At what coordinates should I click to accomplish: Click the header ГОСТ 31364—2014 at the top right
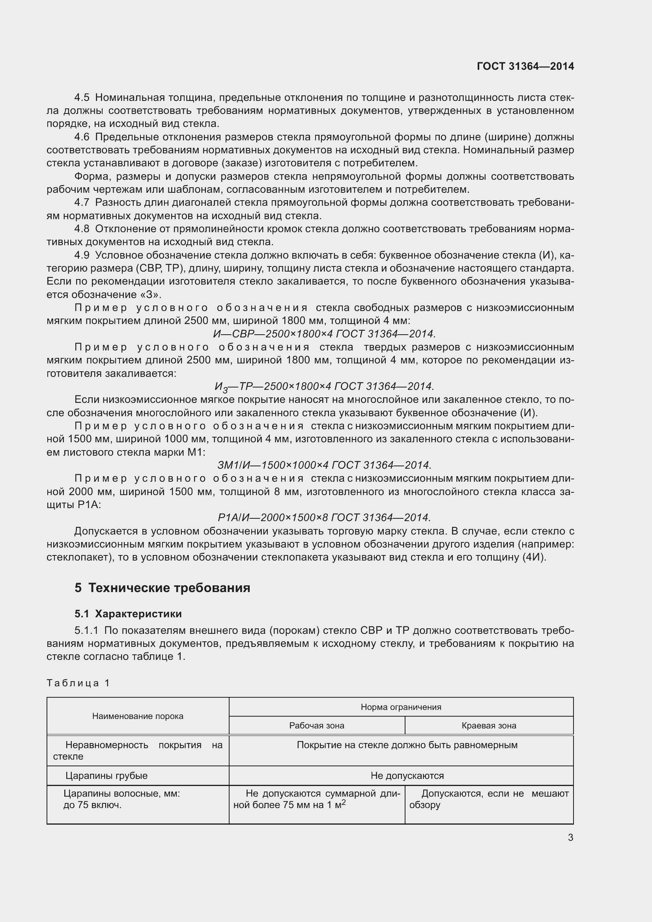(525, 66)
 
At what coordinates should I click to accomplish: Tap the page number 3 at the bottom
(570, 837)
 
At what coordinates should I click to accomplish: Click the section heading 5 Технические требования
(162, 588)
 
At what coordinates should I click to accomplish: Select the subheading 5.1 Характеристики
(128, 614)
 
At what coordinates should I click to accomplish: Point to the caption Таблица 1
(78, 683)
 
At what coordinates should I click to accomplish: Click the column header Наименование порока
(138, 716)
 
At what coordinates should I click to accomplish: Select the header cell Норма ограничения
(400, 707)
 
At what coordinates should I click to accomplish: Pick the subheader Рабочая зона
(317, 726)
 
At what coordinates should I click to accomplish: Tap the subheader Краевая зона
(488, 726)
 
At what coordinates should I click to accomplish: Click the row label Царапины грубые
(106, 776)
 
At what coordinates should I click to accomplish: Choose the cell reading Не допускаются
(407, 776)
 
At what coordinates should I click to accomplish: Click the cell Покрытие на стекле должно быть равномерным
(407, 745)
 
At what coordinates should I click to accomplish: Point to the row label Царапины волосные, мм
(122, 794)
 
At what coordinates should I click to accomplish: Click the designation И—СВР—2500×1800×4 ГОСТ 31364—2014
(324, 334)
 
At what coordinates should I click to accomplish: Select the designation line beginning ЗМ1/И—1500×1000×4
(324, 465)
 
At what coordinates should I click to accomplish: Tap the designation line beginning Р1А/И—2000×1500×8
(324, 518)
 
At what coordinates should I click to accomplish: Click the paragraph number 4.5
(82, 98)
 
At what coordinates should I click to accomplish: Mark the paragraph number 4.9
(82, 255)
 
